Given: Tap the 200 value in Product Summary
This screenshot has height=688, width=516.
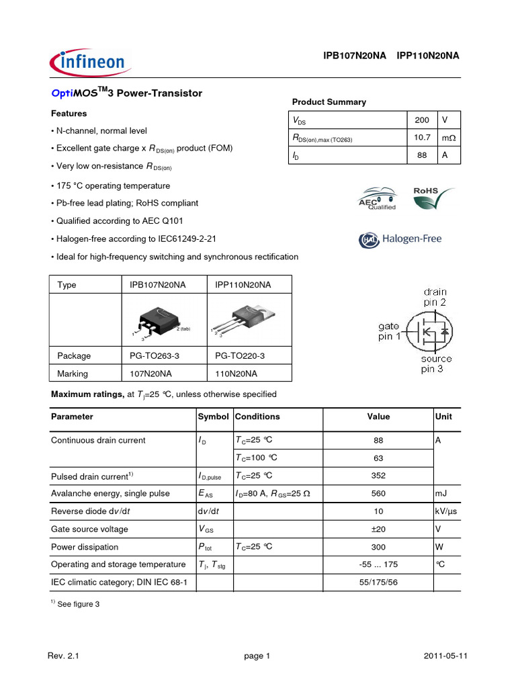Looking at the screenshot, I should click(421, 120).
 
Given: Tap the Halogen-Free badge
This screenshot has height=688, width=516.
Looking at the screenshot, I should click(401, 239).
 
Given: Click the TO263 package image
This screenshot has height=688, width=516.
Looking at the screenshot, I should click(159, 319).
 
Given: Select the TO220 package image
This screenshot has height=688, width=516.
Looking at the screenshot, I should click(245, 319).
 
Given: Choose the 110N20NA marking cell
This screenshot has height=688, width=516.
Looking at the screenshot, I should click(236, 374).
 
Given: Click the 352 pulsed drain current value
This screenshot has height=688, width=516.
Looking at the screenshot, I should click(378, 476).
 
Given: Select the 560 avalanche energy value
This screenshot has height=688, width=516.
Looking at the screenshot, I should click(378, 493).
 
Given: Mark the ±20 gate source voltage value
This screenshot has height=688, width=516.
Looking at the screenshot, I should click(378, 529).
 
